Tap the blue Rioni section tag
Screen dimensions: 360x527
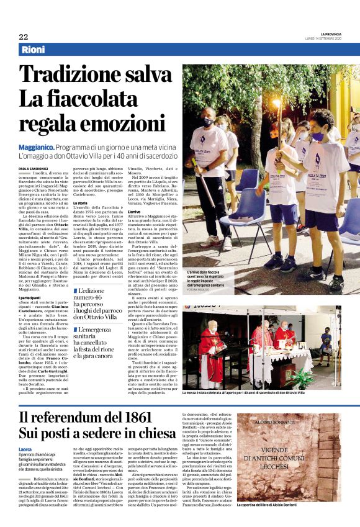point(34,50)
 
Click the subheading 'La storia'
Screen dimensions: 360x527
point(81,202)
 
